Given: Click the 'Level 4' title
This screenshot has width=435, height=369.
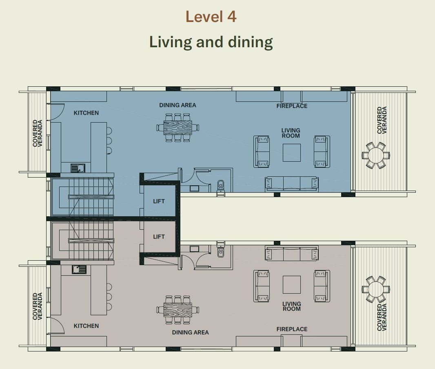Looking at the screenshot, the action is [211, 17].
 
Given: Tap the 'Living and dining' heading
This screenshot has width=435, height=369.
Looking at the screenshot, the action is [211, 42].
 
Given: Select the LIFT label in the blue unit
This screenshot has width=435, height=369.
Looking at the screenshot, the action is [159, 201].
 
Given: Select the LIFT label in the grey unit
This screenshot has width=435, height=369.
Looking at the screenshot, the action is [159, 237].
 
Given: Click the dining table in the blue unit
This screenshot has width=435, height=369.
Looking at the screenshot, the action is [178, 127].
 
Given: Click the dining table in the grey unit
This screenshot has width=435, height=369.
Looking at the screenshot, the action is [178, 310].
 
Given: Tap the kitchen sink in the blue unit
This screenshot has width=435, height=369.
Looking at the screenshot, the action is [78, 168].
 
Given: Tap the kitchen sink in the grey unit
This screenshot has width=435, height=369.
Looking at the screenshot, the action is [79, 270].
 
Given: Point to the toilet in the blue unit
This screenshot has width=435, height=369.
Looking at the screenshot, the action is [220, 185].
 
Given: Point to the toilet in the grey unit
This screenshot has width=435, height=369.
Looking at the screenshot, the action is [220, 251].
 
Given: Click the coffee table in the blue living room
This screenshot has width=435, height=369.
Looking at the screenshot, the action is [292, 152].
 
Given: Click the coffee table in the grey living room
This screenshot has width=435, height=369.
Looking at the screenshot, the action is [292, 285].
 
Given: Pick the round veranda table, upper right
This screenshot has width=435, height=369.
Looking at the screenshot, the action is [376, 155].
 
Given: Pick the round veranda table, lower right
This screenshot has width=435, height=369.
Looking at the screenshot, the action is [376, 289].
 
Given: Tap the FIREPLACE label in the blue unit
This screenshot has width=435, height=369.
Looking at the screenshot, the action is [292, 106].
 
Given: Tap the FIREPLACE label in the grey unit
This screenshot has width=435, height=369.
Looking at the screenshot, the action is [292, 329].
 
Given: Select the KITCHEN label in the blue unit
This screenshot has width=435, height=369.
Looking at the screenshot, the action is [86, 113].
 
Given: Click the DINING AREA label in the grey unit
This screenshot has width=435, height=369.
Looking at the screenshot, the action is [190, 332].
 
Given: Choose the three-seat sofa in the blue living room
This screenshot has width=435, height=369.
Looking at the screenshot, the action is [292, 184].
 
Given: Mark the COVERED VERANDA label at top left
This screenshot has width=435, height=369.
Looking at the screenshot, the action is [38, 133].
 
